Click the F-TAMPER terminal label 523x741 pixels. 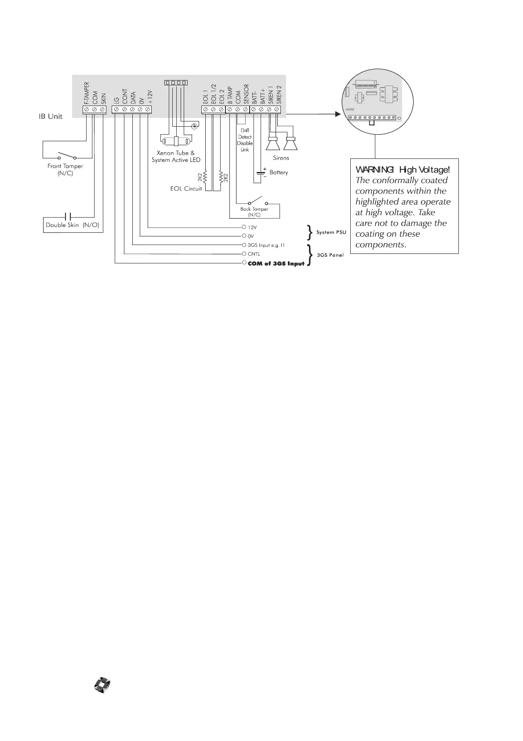tap(87, 93)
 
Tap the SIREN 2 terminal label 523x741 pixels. tap(279, 94)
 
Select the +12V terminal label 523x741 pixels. tap(149, 97)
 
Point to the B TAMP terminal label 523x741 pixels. tap(229, 95)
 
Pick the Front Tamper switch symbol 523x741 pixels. tap(67, 156)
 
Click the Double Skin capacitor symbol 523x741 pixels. tap(67, 217)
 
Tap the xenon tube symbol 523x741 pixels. tap(176, 142)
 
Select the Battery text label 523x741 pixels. tap(279, 172)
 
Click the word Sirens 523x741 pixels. tap(281, 158)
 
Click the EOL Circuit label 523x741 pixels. tap(186, 189)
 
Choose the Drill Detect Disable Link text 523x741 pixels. tap(245, 140)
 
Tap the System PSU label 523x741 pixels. tap(331, 232)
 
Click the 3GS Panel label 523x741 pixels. tap(330, 255)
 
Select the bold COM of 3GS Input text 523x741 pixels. tap(276, 264)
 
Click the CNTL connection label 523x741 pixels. tap(254, 254)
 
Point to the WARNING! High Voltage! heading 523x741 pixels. tap(402, 170)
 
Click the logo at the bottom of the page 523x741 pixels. tap(103, 685)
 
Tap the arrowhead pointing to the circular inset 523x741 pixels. tap(338, 114)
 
